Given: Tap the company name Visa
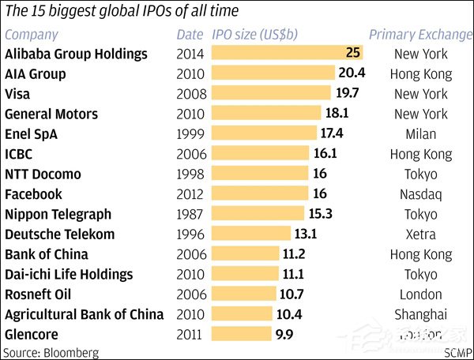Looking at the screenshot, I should (18, 94).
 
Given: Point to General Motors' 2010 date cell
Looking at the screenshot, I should (190, 114).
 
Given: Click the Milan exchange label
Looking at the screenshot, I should (421, 134).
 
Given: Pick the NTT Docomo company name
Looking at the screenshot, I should (43, 174).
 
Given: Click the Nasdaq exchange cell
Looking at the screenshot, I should (421, 194).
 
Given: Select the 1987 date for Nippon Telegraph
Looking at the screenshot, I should (190, 214).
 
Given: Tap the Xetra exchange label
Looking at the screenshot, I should (421, 234).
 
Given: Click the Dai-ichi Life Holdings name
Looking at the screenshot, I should (69, 274).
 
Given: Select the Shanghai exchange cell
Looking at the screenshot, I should (421, 314).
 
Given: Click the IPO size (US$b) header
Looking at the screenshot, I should (261, 35).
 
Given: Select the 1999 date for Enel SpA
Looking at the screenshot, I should (190, 134).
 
